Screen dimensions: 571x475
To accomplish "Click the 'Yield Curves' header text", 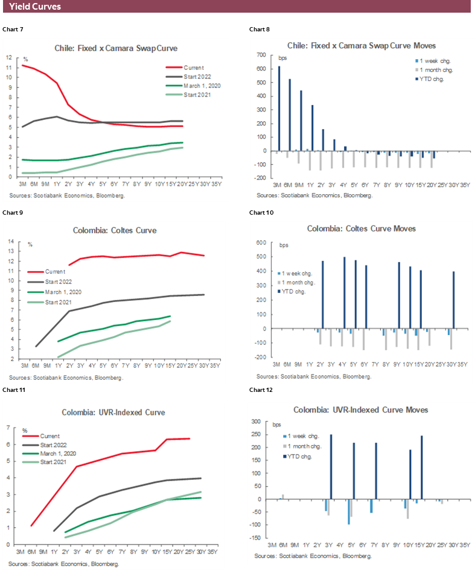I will (34, 7).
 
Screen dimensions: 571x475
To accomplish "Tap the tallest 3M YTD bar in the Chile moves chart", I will (279, 109).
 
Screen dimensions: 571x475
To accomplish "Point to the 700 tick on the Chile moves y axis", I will (261, 55).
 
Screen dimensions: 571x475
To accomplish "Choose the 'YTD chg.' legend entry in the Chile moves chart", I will (433, 78).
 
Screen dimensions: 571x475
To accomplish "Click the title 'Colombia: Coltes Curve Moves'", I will (361, 229).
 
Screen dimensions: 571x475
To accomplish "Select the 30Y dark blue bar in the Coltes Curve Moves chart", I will (453, 300).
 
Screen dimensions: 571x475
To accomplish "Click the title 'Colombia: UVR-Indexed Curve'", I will (113, 412).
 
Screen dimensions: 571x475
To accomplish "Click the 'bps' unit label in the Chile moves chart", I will (283, 58).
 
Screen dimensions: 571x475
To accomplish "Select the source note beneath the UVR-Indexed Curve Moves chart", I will (314, 555).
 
